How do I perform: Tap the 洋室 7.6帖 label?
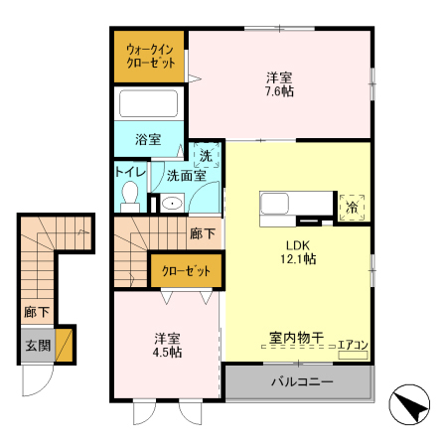coord(278,83)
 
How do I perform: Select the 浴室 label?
coord(148,140)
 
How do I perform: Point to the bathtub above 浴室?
coord(148,104)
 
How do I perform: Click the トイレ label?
coord(130,171)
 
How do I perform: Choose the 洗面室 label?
coord(186,176)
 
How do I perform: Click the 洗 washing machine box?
coord(206,155)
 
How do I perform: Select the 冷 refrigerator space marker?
coord(353,207)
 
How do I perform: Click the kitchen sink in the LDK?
coord(275,205)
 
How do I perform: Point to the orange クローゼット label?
coord(187,270)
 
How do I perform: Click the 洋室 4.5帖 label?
coord(167,344)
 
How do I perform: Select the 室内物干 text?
coord(296,339)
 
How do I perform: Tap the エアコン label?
coord(353,346)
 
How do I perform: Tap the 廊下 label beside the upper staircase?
coord(201,234)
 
